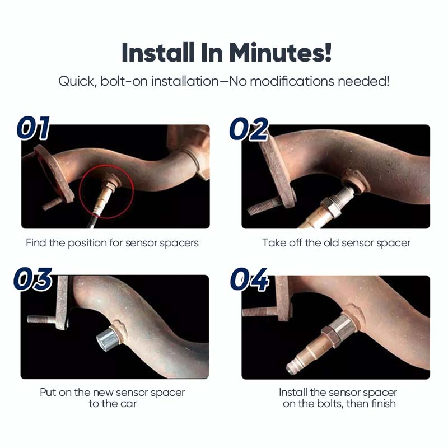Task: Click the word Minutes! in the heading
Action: (x=281, y=52)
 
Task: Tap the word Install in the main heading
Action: (x=158, y=52)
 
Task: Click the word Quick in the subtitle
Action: (x=77, y=81)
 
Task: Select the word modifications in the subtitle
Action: (x=292, y=81)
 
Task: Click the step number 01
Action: (x=34, y=128)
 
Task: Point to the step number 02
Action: (x=249, y=129)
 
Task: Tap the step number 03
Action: (x=33, y=279)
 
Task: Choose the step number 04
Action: (x=249, y=279)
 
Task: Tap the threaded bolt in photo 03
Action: (x=43, y=319)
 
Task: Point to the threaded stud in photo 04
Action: (x=259, y=312)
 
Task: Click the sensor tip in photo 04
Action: (x=293, y=368)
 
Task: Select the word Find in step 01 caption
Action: (x=36, y=243)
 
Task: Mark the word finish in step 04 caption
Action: (x=383, y=403)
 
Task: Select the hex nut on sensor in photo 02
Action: (x=328, y=206)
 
